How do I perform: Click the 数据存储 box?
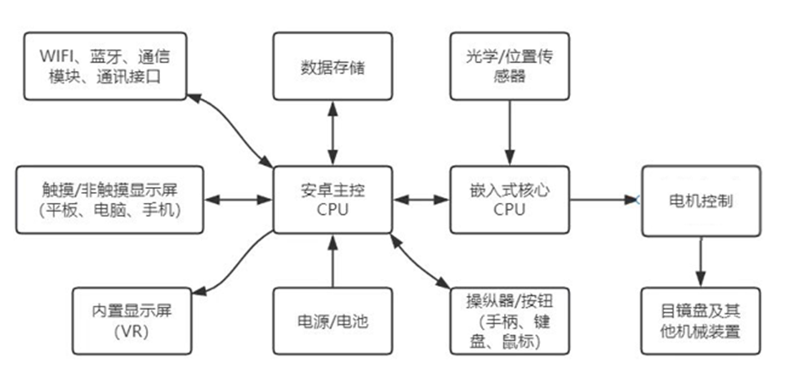click(332, 67)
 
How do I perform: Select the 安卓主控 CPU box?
click(332, 199)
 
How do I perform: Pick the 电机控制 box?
click(701, 200)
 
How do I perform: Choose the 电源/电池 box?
click(332, 321)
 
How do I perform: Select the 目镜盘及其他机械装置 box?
click(701, 321)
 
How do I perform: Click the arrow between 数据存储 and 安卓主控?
click(332, 132)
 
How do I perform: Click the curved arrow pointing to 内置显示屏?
click(233, 266)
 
